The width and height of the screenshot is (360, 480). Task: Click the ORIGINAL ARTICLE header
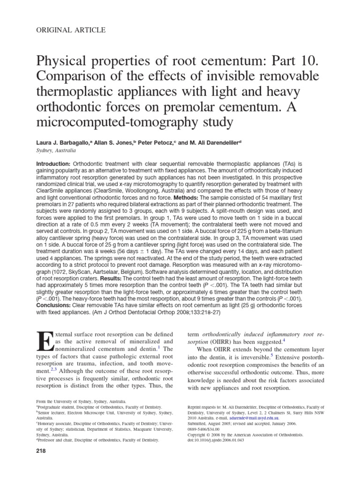(x=71, y=30)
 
